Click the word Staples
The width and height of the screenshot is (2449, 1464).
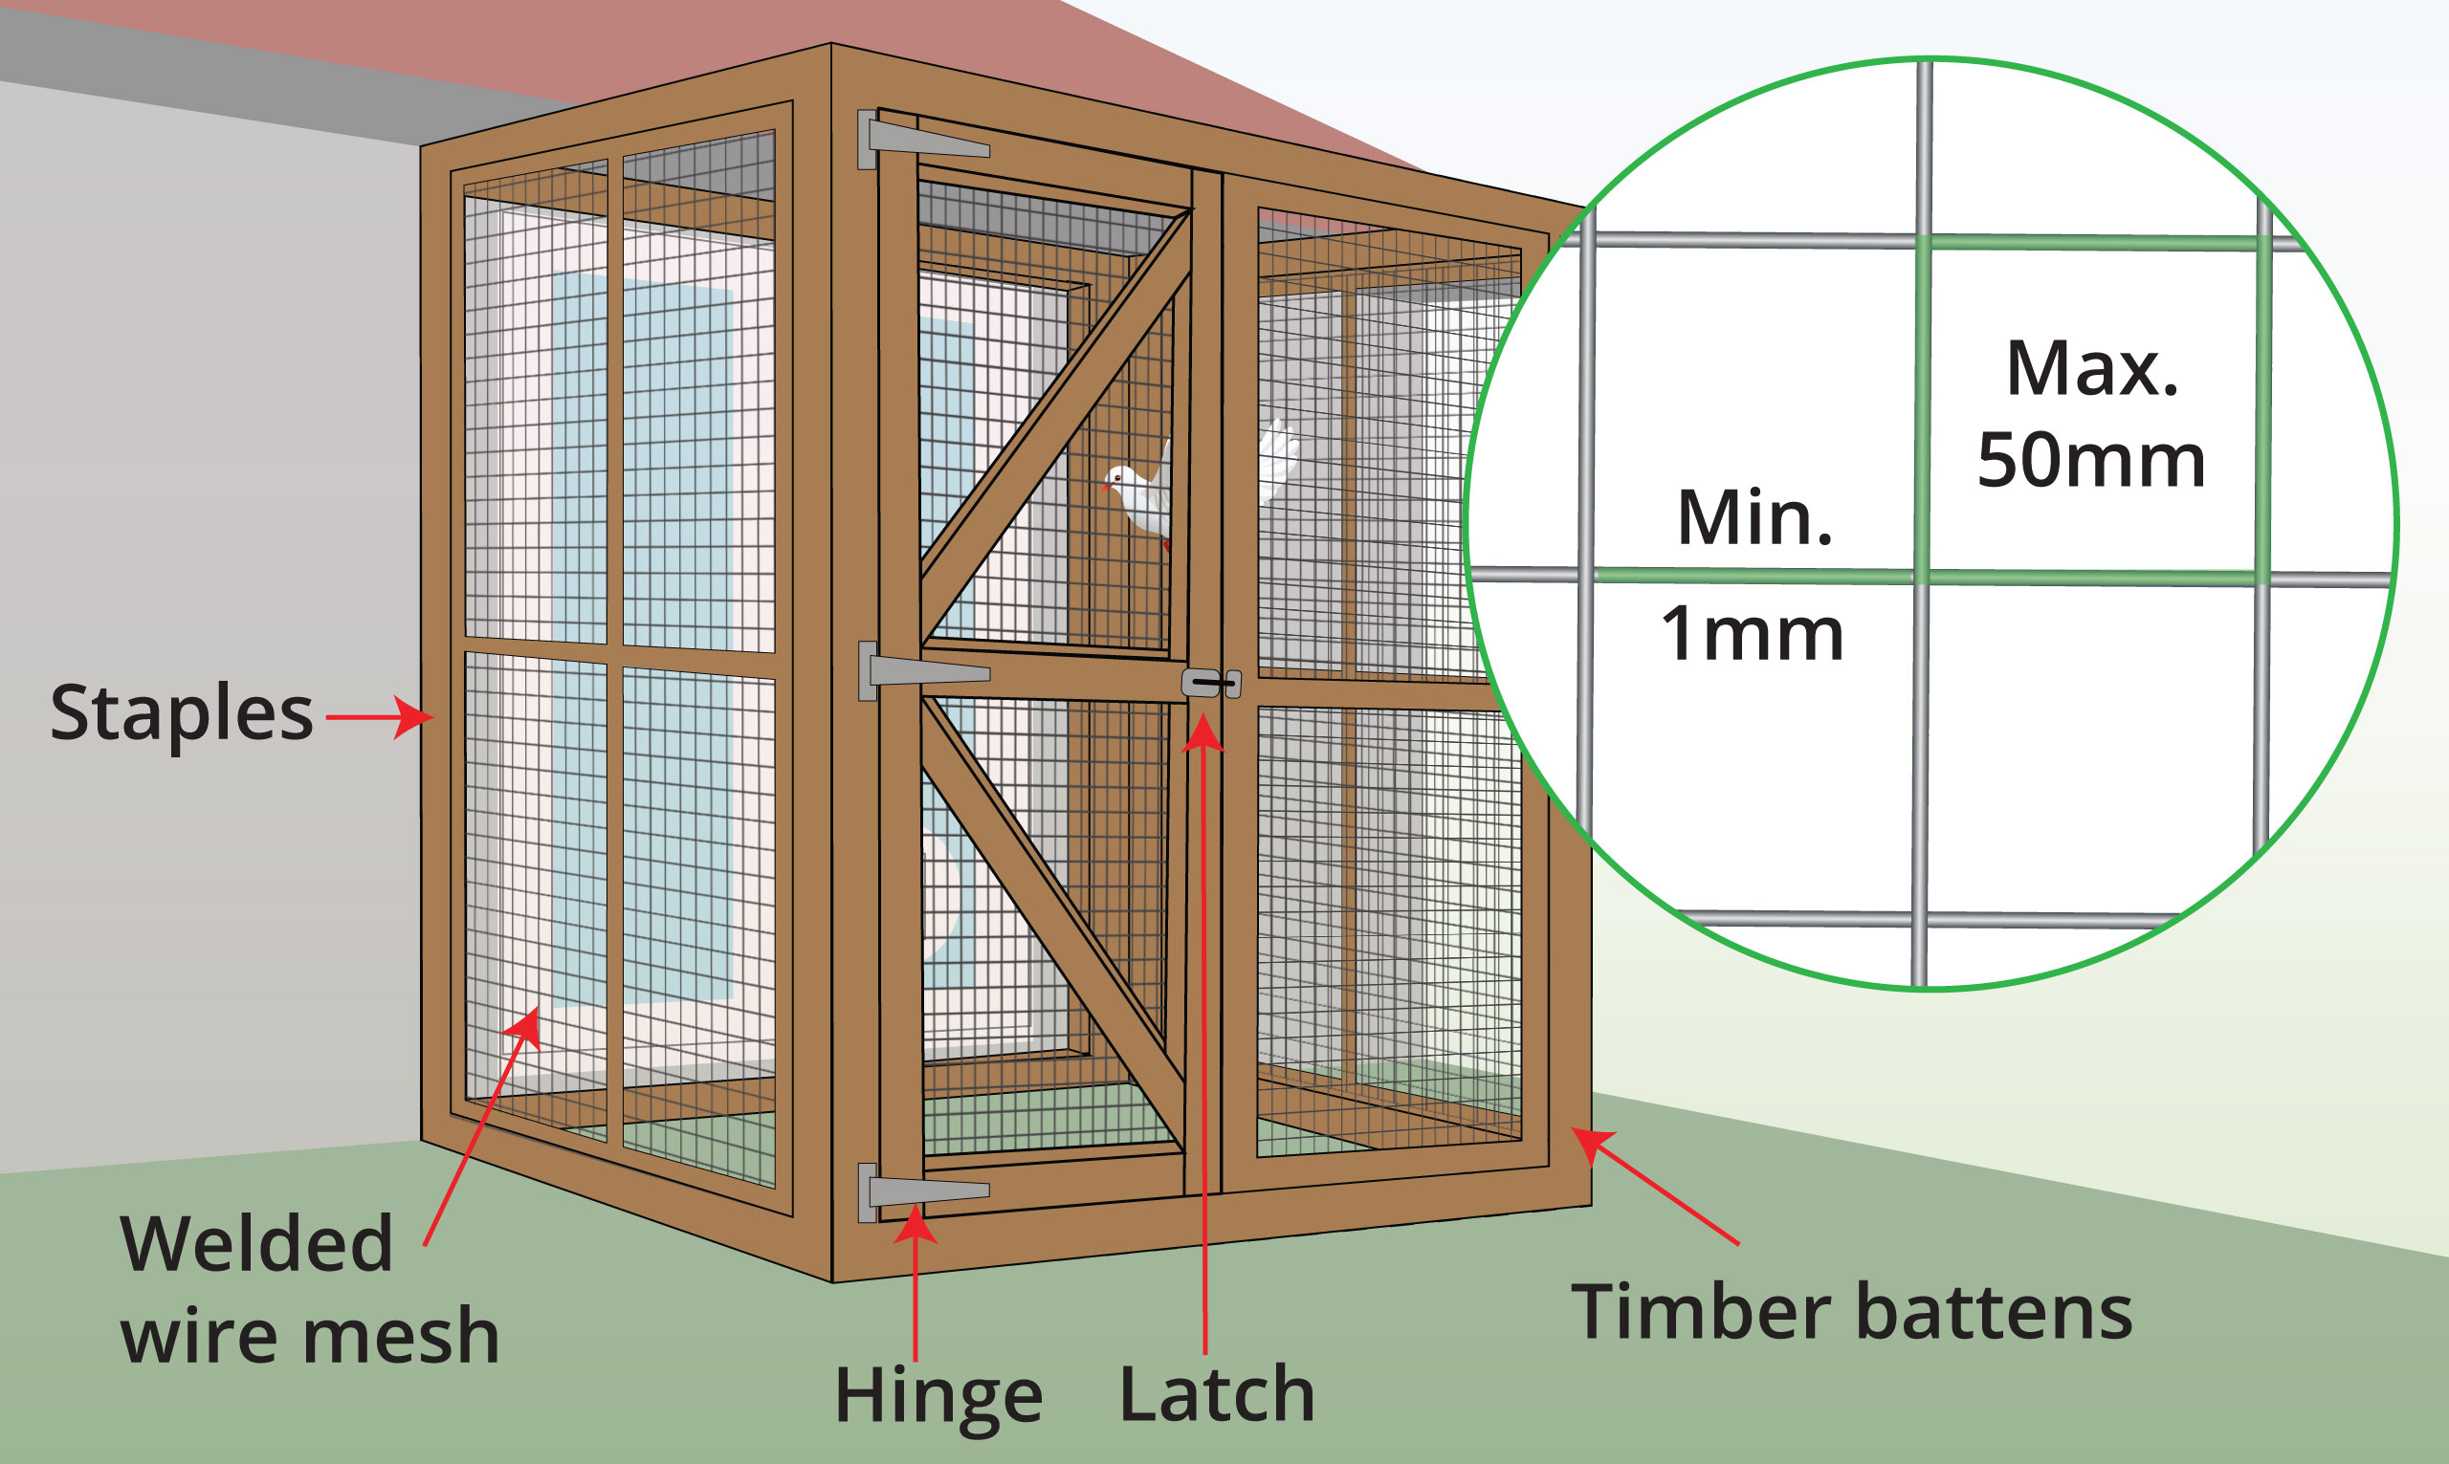(x=182, y=712)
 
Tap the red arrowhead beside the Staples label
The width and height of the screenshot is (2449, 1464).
(x=415, y=717)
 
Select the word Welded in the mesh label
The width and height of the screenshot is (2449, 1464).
(x=256, y=1244)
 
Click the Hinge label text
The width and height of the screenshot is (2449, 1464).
(x=938, y=1396)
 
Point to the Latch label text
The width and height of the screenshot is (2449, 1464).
(x=1217, y=1394)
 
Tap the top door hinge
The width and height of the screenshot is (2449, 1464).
(x=922, y=142)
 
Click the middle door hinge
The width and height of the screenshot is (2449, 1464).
(x=922, y=672)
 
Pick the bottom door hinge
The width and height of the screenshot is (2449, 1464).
(x=922, y=1191)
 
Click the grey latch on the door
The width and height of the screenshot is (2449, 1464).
(x=1211, y=683)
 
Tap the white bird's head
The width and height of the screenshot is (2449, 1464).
(x=1119, y=479)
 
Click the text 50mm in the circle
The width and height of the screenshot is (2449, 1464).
(x=2091, y=461)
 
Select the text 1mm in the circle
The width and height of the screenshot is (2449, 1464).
(x=1752, y=633)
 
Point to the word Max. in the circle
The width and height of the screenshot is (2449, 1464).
(x=2092, y=369)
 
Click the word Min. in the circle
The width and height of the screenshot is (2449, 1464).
(x=1754, y=518)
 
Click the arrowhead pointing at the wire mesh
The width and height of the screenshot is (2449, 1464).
(x=526, y=1027)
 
